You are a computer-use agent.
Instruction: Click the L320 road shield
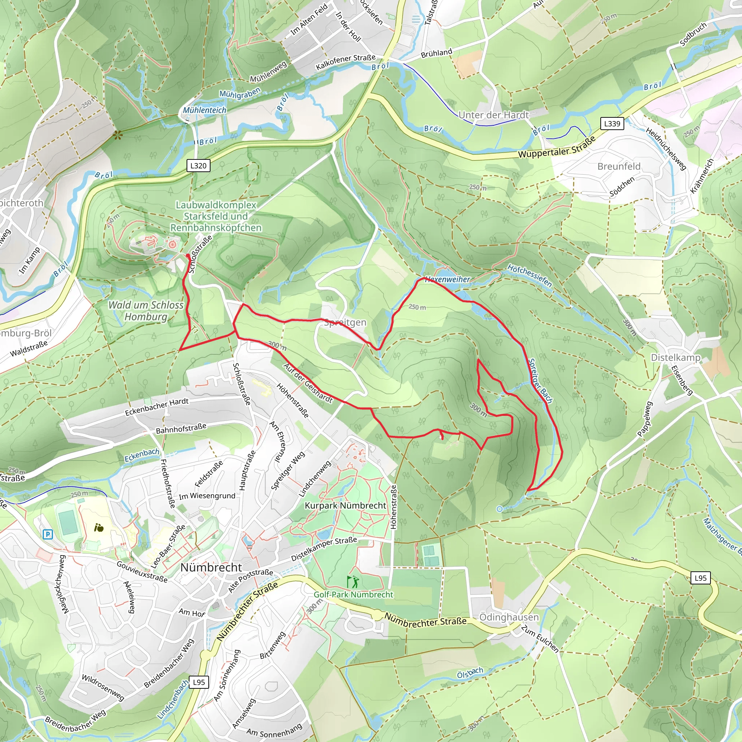coord(198,166)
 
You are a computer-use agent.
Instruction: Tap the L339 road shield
coord(612,124)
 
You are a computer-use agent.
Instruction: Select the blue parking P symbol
coord(47,534)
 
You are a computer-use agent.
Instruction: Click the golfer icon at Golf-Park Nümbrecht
coord(353,581)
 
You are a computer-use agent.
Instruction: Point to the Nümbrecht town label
coord(211,567)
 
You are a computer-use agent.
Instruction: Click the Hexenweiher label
coord(447,279)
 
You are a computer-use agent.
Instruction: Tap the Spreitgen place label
coord(345,322)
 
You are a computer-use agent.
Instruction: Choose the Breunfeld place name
coord(619,166)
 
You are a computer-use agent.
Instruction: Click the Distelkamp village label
coord(675,358)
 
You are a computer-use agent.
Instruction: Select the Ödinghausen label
coord(509,617)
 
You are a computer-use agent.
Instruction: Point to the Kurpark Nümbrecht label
coord(345,505)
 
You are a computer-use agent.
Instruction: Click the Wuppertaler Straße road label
coord(557,148)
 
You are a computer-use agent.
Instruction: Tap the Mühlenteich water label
coord(204,110)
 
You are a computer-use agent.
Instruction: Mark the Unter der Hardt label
coord(493,115)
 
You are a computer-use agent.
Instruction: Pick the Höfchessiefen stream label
coord(530,275)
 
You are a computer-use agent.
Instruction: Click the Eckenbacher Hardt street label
coord(157,407)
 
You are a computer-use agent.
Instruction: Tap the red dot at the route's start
coord(188,255)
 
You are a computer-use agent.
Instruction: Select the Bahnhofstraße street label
coord(181,429)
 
